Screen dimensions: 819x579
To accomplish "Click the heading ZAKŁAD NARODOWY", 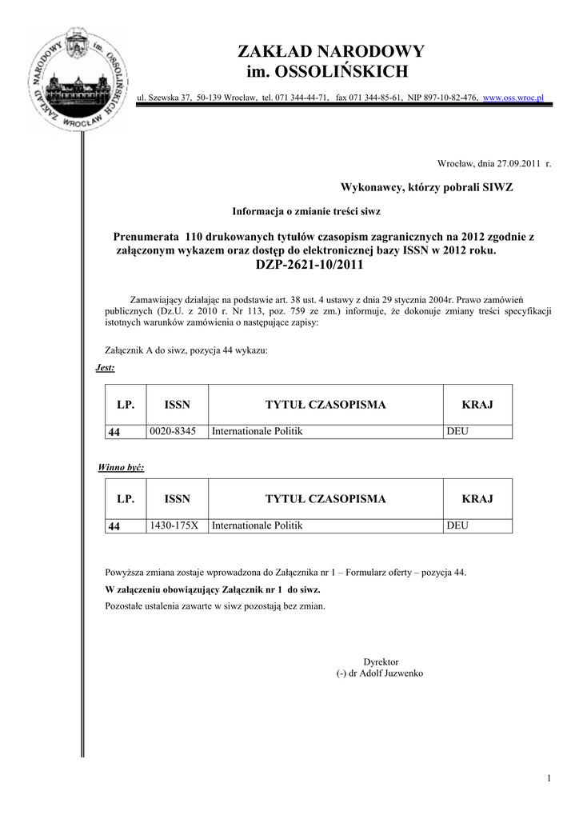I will tap(331, 52).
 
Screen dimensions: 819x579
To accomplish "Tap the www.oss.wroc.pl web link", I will tap(513, 98).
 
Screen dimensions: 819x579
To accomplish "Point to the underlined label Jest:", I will tap(105, 368).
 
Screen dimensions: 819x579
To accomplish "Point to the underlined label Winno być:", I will tap(121, 467).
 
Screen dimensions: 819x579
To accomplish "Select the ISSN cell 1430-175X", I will tap(176, 525).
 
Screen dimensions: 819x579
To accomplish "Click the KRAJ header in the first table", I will tap(477, 405).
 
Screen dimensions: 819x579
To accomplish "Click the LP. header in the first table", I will tap(126, 405).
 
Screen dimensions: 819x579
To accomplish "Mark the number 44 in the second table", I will tap(114, 526).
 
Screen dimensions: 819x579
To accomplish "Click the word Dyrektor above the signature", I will tap(381, 662).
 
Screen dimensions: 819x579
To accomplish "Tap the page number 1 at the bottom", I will tap(549, 779).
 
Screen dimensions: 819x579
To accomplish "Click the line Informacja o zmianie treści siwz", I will tap(306, 211).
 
